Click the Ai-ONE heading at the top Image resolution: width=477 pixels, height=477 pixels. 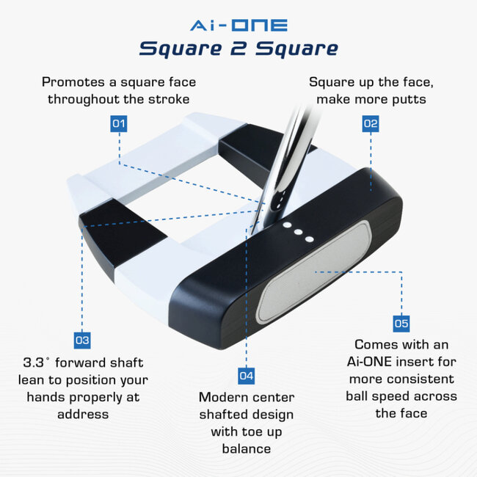(x=238, y=25)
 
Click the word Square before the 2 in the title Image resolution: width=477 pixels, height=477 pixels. (x=175, y=49)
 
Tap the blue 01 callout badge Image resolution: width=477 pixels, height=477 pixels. (x=119, y=123)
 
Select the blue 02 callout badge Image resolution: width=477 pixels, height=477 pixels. (x=371, y=123)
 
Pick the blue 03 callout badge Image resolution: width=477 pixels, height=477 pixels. (x=82, y=341)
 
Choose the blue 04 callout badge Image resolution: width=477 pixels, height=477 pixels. (x=247, y=376)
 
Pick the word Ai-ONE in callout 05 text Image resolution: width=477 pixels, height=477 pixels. (x=375, y=361)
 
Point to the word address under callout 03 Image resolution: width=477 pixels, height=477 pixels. (x=82, y=414)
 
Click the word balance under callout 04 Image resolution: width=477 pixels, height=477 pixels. (x=246, y=449)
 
